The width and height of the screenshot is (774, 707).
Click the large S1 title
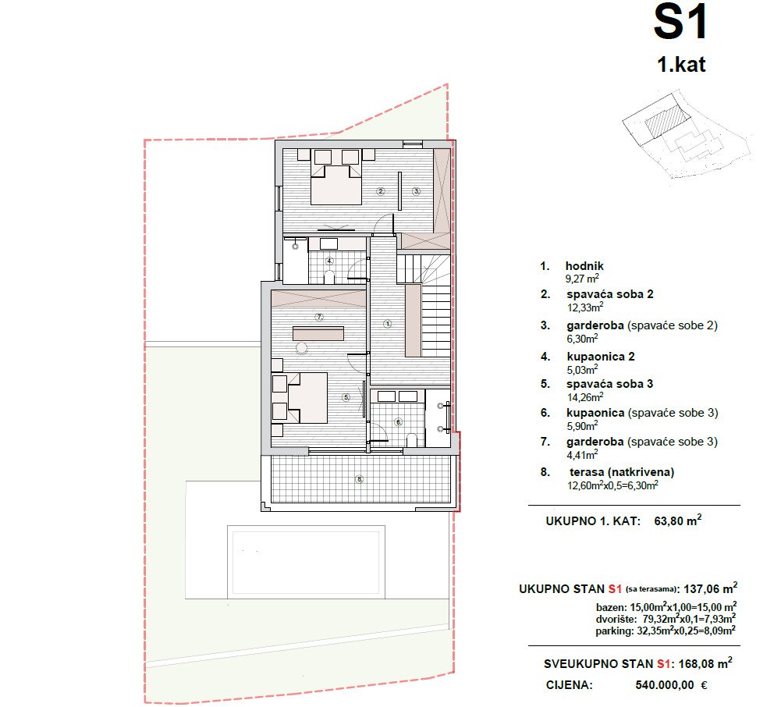[680, 22]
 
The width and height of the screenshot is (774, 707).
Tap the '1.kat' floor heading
[681, 65]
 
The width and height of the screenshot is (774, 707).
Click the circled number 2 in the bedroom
[380, 191]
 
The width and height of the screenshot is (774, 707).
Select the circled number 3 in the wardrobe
[416, 191]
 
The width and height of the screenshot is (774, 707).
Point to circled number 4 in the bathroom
[329, 261]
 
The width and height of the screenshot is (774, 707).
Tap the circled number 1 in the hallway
[388, 324]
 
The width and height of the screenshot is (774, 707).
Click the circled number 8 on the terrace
[360, 479]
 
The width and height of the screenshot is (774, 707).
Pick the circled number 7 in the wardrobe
[319, 317]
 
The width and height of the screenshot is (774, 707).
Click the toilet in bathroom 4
[329, 276]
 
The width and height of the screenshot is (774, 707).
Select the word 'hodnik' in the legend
[584, 266]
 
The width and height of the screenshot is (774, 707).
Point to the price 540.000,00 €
[671, 685]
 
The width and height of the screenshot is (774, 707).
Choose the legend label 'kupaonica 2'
[601, 357]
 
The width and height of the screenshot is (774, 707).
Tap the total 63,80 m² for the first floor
[678, 520]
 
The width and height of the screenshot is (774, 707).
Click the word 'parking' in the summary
[613, 631]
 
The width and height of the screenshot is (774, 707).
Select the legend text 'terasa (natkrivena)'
[622, 472]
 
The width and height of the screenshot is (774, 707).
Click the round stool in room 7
[301, 348]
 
